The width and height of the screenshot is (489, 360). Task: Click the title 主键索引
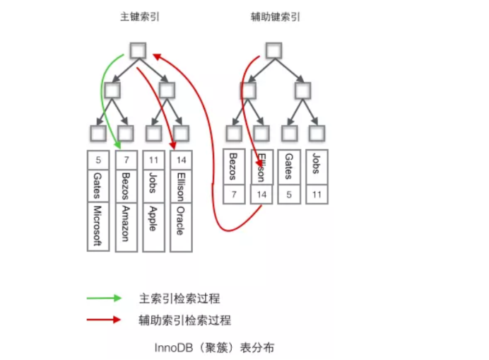139,16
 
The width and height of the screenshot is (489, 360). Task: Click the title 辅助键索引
275,16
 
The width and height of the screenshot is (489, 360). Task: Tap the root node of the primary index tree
139,50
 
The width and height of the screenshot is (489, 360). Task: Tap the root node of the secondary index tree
273,50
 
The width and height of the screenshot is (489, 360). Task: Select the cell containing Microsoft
98,226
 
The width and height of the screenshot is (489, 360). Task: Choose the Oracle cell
181,220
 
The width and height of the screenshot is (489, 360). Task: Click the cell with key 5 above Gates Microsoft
98,160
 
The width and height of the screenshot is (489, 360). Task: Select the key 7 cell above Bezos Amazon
126,160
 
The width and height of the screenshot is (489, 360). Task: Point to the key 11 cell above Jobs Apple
153,160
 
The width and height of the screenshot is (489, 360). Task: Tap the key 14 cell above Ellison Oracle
181,160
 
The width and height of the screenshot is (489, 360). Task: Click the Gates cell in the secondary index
288,168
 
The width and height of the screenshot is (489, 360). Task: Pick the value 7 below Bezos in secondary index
234,194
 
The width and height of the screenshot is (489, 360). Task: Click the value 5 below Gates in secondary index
288,194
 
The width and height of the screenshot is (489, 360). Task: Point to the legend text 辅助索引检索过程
184,320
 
